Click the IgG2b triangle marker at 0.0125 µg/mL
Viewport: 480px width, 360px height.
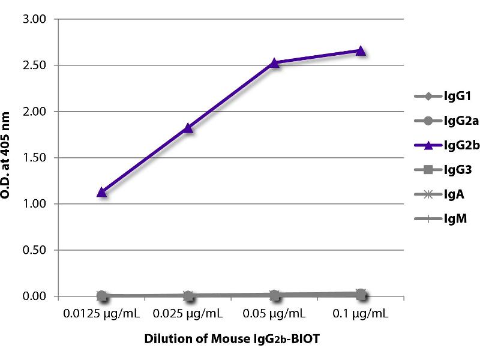(102, 193)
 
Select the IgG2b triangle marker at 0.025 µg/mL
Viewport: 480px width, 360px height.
(188, 128)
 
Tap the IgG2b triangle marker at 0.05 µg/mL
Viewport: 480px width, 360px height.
(274, 62)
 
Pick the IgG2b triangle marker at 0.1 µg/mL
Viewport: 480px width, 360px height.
(361, 51)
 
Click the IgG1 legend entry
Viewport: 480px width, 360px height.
(441, 96)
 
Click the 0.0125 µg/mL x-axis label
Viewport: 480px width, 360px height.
(102, 314)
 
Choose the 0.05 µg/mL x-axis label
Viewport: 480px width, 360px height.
(274, 314)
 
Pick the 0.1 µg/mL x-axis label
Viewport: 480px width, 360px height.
(361, 314)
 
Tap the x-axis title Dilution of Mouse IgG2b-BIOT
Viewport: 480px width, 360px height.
(232, 339)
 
